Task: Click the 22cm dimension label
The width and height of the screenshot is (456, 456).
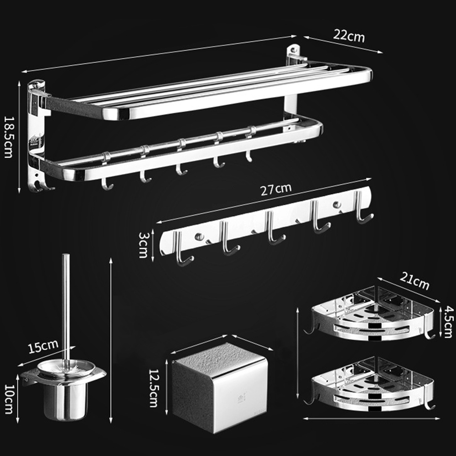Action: (349, 36)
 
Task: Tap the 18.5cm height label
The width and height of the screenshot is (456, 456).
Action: (8, 137)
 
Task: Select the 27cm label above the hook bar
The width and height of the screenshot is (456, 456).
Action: (275, 189)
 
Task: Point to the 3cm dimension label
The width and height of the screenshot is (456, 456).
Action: (143, 245)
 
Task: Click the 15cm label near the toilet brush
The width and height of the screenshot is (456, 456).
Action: (43, 346)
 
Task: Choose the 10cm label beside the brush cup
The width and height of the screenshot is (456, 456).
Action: (9, 399)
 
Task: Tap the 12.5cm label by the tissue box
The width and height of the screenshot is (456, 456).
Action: (153, 388)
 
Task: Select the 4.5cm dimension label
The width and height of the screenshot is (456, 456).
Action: (448, 321)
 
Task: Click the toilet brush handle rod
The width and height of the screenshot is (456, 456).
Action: (66, 308)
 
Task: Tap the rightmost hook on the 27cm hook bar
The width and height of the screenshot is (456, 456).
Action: (363, 207)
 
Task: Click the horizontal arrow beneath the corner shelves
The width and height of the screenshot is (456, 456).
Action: (371, 419)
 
